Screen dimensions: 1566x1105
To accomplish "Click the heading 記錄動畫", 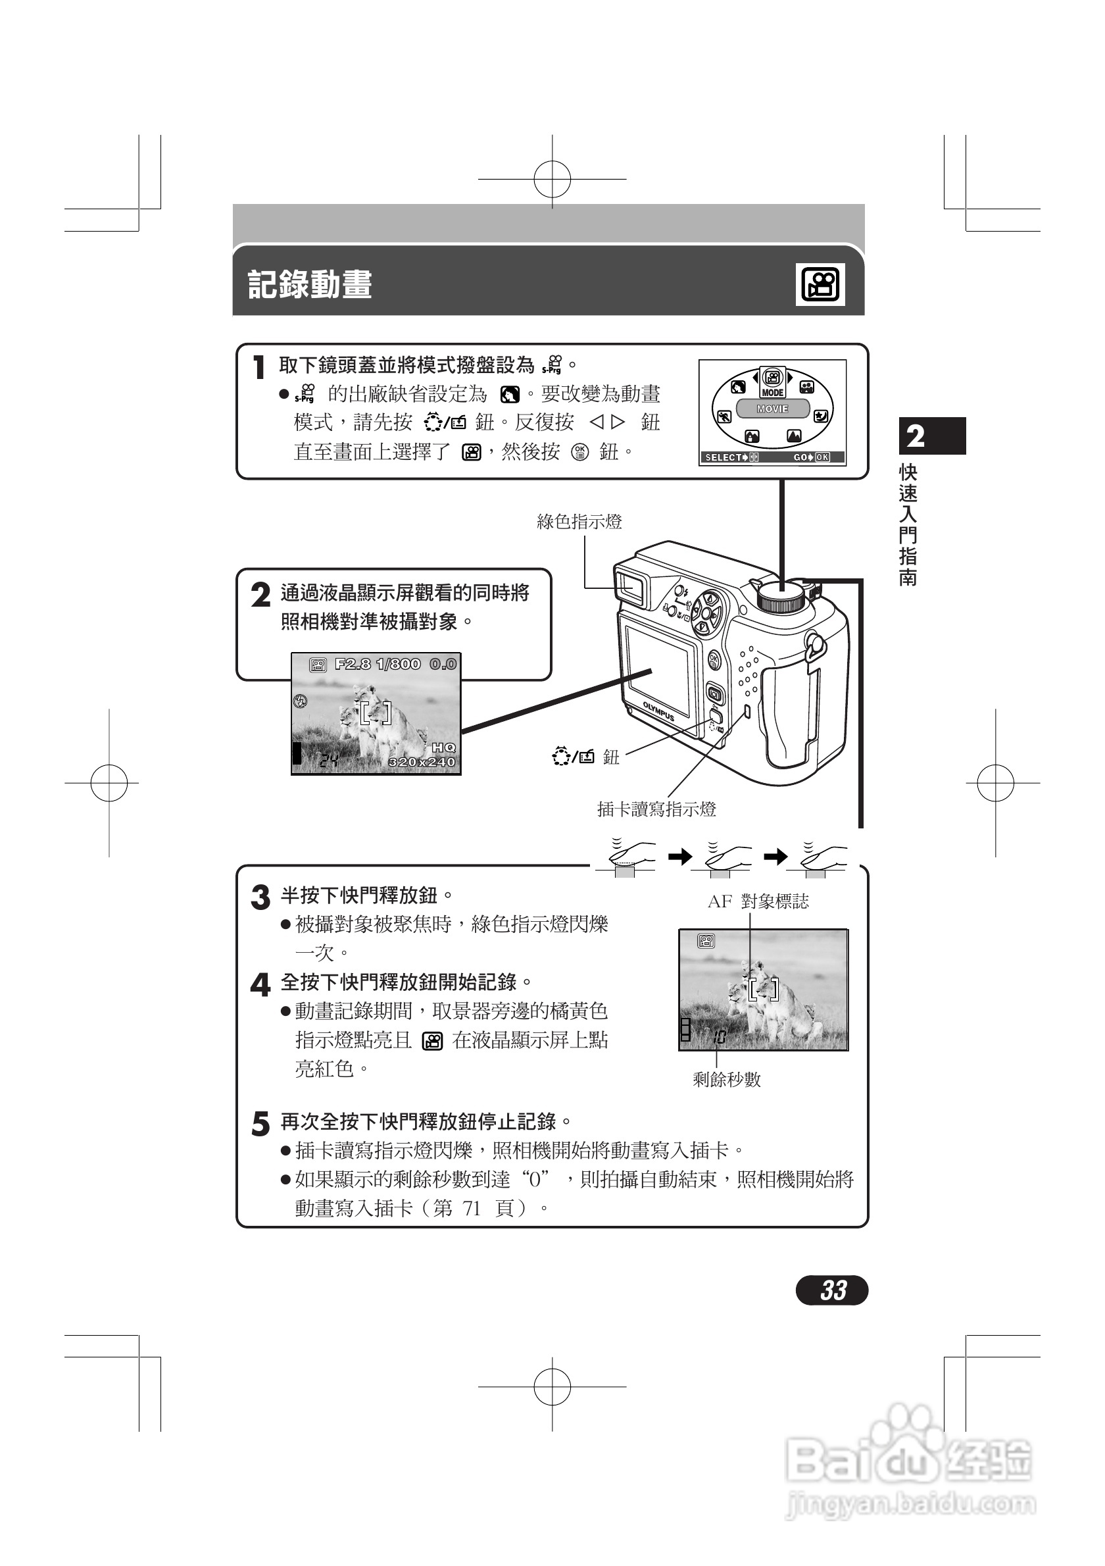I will point(310,284).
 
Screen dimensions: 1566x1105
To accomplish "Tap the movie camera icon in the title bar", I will point(820,284).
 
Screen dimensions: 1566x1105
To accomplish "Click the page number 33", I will point(832,1290).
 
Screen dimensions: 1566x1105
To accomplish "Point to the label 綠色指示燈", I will point(579,522).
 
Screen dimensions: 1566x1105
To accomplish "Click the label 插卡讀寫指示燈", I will point(656,809).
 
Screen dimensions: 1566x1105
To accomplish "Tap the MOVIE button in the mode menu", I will point(772,409).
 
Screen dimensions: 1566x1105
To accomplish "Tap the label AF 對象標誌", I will point(758,901).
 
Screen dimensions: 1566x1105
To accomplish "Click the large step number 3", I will point(260,897).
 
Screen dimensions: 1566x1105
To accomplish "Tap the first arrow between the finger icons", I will point(679,857).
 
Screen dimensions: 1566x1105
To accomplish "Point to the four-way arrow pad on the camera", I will point(707,611).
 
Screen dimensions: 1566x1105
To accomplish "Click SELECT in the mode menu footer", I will point(724,458).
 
